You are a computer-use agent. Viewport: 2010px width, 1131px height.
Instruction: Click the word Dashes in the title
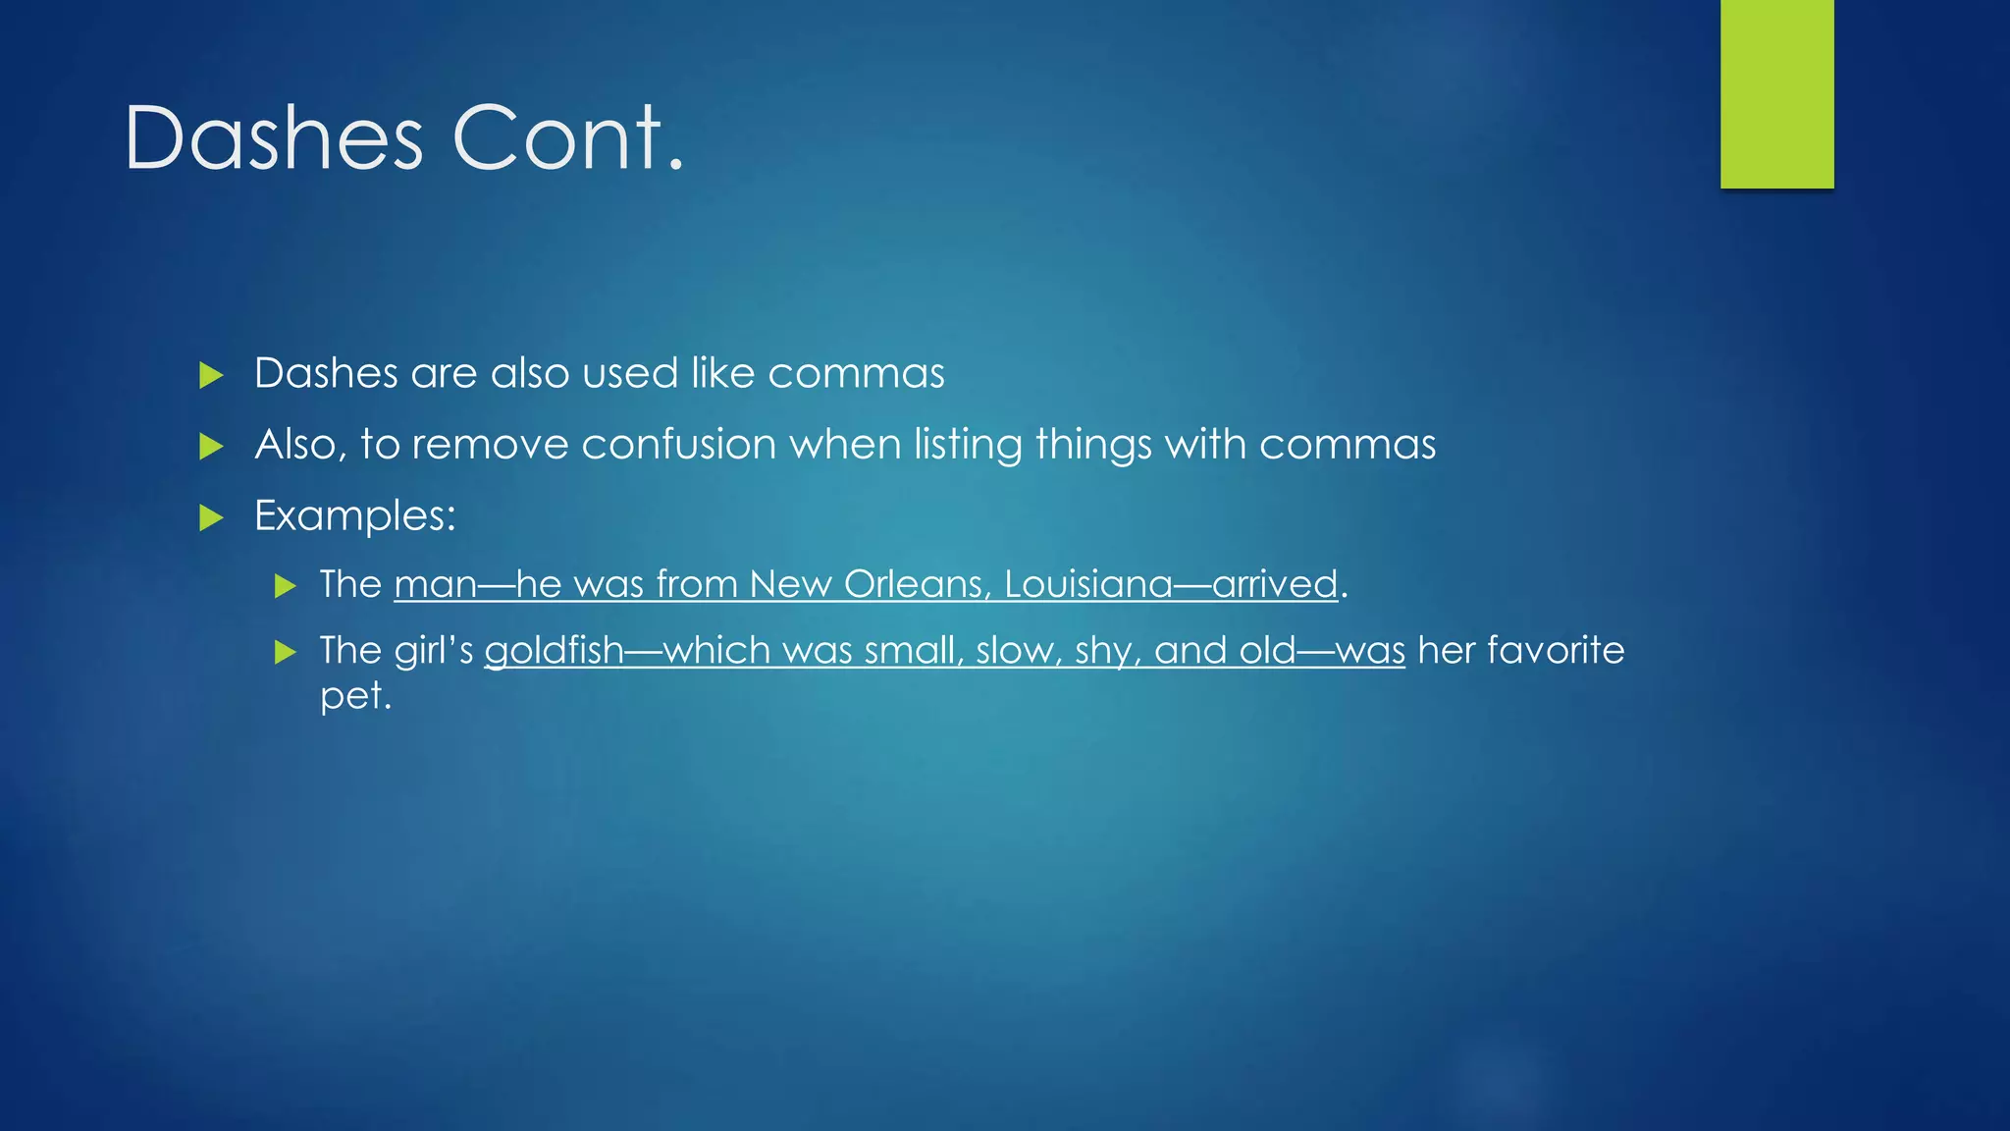[274, 138]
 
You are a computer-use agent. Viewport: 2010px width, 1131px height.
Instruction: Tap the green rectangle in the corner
[1776, 93]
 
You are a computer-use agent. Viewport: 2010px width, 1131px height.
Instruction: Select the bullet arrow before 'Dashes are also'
[211, 375]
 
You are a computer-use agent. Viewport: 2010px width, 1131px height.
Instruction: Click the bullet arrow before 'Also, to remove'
[211, 447]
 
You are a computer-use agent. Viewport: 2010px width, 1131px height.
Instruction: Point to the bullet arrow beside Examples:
[211, 517]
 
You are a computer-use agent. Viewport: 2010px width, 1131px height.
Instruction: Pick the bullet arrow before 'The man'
[285, 587]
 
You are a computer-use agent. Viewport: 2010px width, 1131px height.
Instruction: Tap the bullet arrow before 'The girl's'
[285, 652]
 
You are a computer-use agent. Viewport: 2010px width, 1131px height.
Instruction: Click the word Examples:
[355, 516]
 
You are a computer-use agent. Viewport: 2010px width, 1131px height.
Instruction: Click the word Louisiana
[1088, 585]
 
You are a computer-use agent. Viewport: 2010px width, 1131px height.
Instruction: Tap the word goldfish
[555, 651]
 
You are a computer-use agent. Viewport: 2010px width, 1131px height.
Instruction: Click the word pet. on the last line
[355, 697]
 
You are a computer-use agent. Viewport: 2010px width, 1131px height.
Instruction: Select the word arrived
[1275, 585]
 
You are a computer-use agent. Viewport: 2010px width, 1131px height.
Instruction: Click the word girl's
[434, 651]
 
